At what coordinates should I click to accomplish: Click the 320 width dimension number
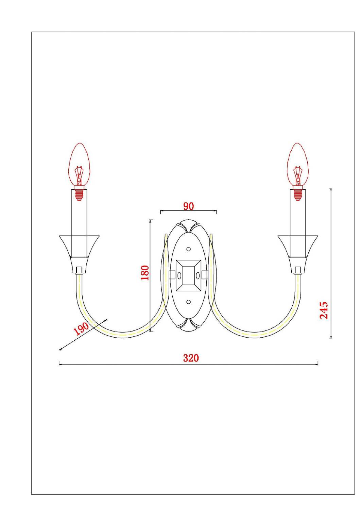(191, 358)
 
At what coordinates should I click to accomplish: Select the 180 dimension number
(145, 273)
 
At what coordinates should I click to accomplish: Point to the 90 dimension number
(188, 206)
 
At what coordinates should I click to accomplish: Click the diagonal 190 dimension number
(81, 329)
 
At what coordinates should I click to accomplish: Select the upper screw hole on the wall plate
(188, 249)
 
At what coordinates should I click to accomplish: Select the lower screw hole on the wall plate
(188, 301)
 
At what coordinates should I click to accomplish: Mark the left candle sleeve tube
(79, 218)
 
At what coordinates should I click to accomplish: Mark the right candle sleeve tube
(298, 218)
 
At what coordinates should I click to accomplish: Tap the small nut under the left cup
(79, 270)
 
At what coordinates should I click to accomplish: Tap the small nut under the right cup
(298, 270)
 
